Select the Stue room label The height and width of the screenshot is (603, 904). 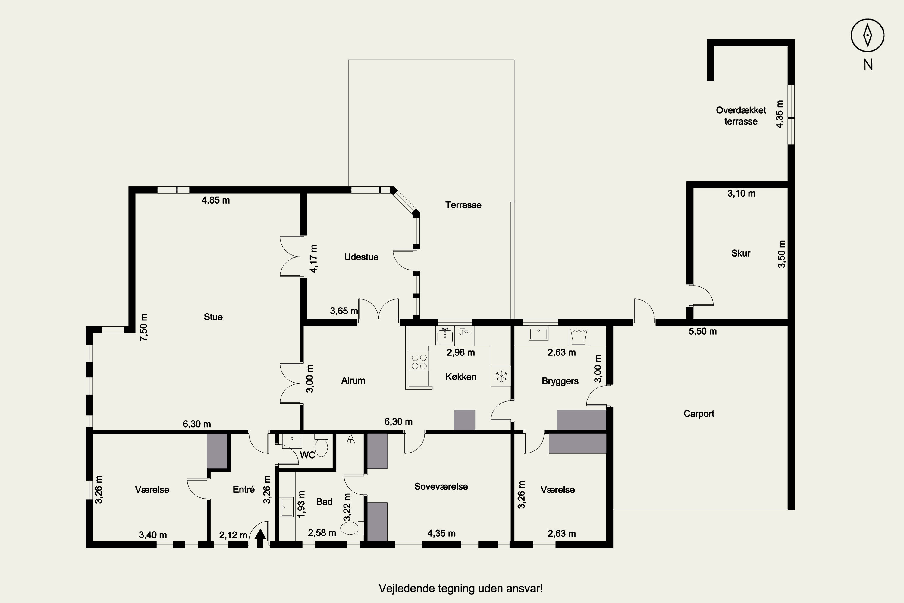coord(213,317)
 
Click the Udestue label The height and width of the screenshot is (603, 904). coord(361,257)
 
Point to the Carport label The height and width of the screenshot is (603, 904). coord(699,414)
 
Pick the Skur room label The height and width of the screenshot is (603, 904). coord(741,253)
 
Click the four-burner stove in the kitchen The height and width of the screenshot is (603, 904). coord(419,361)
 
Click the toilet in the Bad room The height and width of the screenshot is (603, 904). coord(352,528)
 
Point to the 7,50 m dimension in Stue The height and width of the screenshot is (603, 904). coord(144,327)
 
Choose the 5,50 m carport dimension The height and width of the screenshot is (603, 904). coord(703,331)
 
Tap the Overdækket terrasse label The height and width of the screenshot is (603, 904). coord(741,116)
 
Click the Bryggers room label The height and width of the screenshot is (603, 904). coord(560,381)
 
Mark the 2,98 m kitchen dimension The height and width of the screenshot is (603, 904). coord(460,352)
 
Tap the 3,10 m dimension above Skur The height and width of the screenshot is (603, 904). coord(741,194)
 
